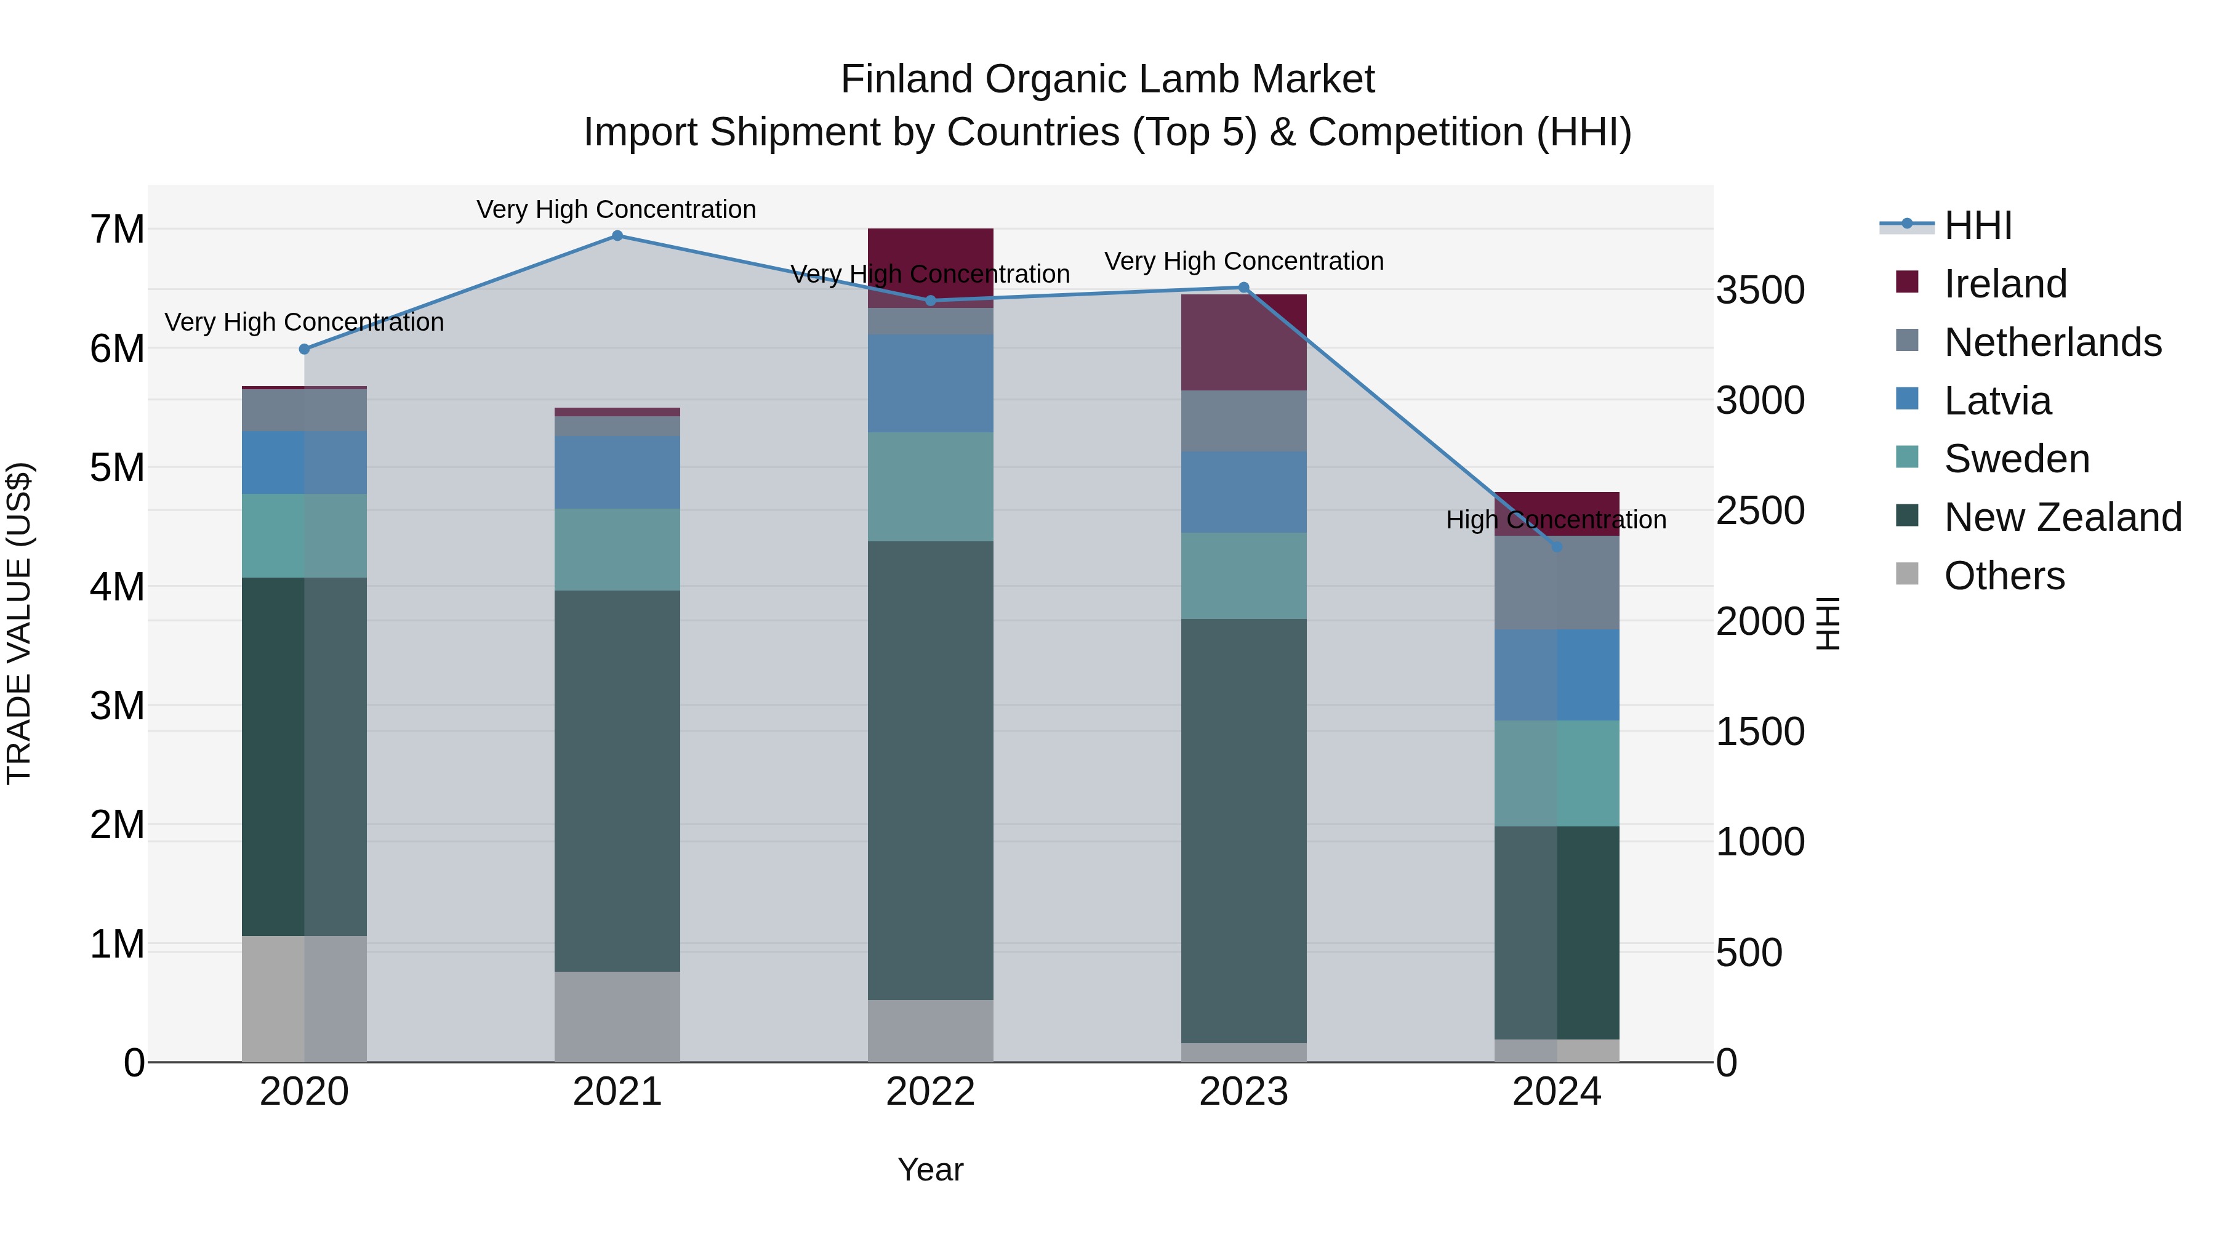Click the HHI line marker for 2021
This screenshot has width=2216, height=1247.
[617, 236]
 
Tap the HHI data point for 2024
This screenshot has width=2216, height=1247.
[1556, 546]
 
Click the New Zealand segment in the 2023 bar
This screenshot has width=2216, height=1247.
[1243, 831]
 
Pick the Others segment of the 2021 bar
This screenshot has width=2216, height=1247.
[617, 1016]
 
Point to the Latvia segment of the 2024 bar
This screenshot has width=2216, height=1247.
[1556, 675]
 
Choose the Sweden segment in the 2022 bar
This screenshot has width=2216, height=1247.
[930, 486]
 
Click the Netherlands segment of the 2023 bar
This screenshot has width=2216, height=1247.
[1243, 421]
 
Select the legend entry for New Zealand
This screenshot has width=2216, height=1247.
[2062, 517]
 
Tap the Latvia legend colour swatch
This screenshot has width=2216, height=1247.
[1907, 398]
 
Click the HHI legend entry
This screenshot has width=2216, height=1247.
[1977, 225]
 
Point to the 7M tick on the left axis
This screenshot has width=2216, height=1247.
[117, 230]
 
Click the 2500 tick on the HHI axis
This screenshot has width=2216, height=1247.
[1759, 511]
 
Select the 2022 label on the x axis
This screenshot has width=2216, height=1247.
[930, 1092]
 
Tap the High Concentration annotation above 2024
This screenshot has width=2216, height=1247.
[1556, 520]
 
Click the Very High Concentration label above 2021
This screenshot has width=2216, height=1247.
[616, 209]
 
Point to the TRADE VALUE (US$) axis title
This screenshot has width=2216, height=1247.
[19, 623]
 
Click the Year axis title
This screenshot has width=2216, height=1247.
[930, 1169]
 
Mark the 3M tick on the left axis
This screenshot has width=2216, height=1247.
[117, 706]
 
